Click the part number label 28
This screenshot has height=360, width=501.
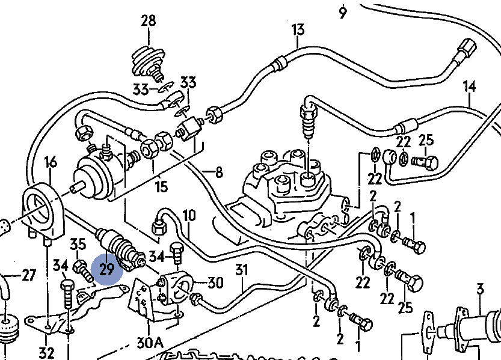148,21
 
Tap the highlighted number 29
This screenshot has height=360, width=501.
106,269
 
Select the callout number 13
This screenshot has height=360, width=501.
298,29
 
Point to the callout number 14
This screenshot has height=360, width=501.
469,87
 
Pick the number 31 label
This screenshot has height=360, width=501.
241,270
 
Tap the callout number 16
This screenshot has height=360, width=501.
51,162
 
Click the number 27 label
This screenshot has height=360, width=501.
28,275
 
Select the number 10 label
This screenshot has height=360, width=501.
189,215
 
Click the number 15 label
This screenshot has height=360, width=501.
161,186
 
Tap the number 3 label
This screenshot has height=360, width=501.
480,291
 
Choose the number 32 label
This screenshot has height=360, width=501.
46,352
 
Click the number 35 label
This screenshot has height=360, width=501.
78,244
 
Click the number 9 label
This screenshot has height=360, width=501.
343,11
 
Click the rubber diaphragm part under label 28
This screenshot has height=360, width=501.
149,59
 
